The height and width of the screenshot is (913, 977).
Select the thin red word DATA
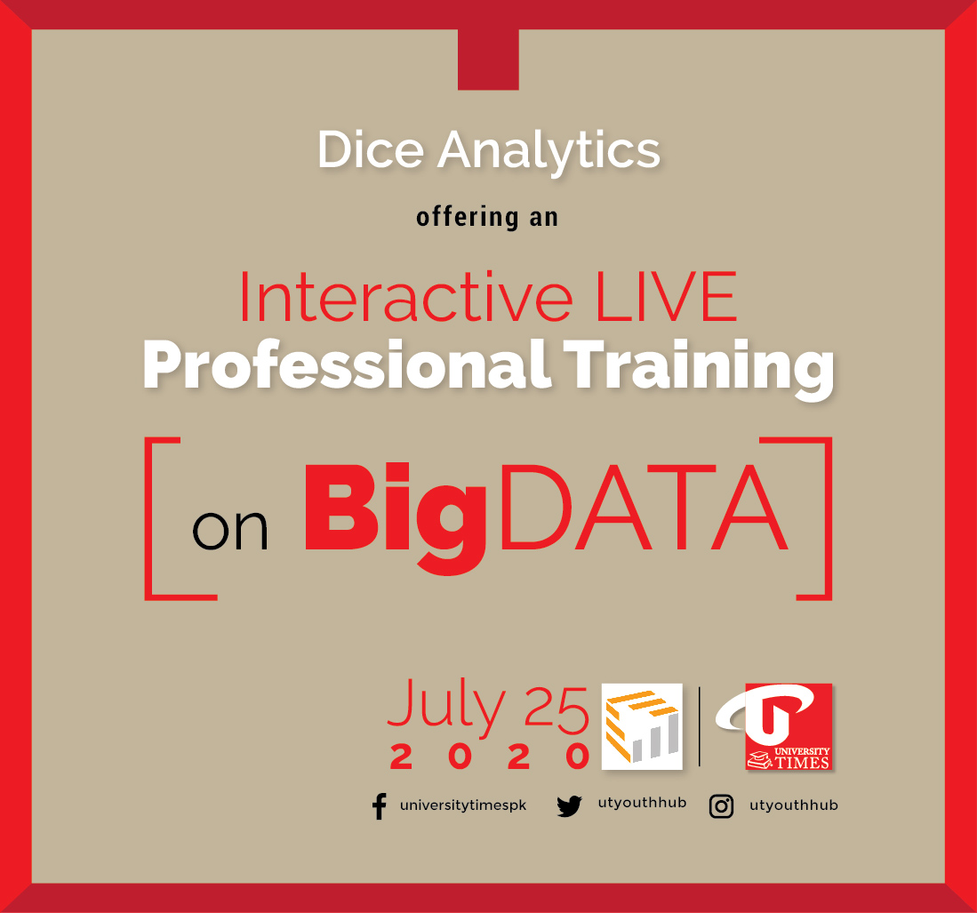tap(643, 517)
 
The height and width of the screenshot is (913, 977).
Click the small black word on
tap(230, 532)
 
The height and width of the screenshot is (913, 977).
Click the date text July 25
tap(487, 708)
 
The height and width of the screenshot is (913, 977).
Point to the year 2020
tap(490, 757)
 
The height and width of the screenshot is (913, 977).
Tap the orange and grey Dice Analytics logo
tap(642, 725)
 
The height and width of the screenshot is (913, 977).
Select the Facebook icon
tap(380, 806)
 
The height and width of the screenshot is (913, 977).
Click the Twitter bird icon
tap(569, 806)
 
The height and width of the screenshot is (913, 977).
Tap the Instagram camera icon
tap(721, 806)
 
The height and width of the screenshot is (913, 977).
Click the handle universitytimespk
tap(463, 805)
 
